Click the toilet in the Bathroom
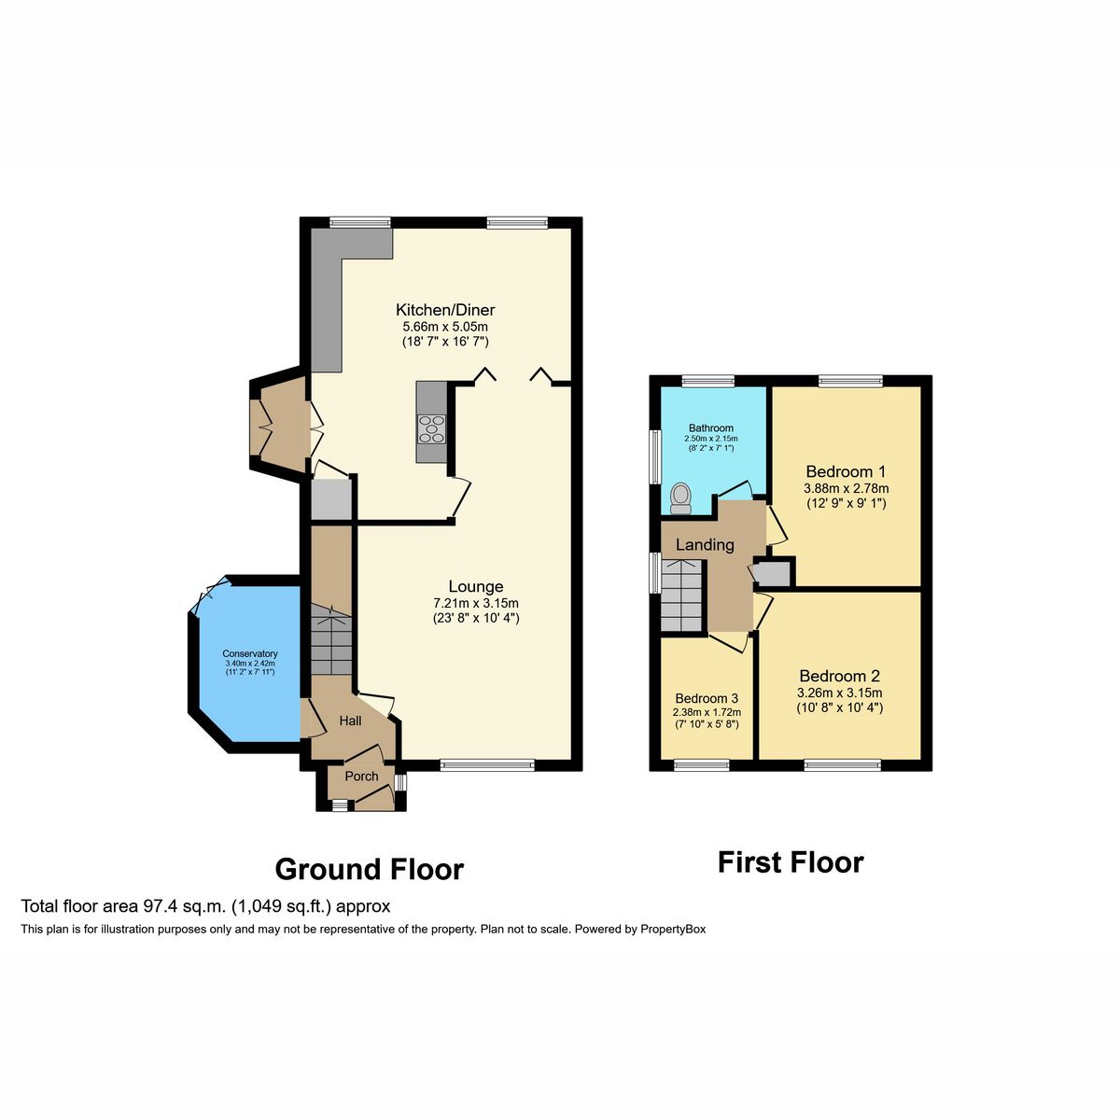click(x=680, y=497)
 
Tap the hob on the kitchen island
click(x=431, y=427)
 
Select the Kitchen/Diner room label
click(x=445, y=310)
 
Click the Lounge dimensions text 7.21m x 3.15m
click(x=475, y=602)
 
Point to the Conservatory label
click(x=249, y=653)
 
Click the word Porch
click(x=361, y=776)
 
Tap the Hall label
click(x=350, y=721)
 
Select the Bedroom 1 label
click(x=846, y=471)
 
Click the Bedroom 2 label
click(x=839, y=676)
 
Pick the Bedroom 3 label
click(x=707, y=698)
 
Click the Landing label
click(x=705, y=545)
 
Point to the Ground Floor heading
click(x=369, y=869)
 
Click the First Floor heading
click(x=790, y=862)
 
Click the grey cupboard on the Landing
click(x=773, y=573)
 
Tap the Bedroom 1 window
click(x=850, y=380)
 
